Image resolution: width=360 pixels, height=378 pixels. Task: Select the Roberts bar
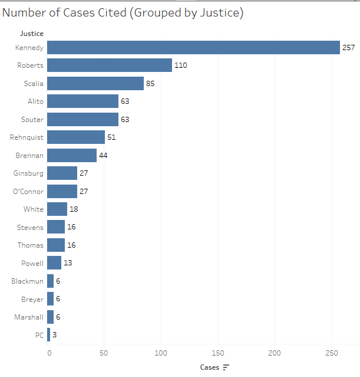tap(110, 65)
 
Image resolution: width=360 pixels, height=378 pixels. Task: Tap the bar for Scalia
tap(95, 84)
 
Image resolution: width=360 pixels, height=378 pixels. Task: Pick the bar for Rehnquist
tap(76, 137)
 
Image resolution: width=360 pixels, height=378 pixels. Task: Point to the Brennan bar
tap(72, 156)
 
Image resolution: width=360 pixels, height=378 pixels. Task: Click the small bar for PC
tap(48, 335)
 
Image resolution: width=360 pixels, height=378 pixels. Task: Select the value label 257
tap(349, 48)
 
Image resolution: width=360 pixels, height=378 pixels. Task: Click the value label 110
tap(180, 65)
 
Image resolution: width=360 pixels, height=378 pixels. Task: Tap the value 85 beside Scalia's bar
tap(150, 84)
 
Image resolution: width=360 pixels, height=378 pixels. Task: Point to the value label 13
tap(68, 263)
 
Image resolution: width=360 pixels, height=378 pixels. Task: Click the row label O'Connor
tap(28, 192)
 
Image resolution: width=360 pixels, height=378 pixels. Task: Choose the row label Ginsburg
tap(28, 173)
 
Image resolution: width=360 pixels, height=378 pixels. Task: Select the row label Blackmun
tap(27, 281)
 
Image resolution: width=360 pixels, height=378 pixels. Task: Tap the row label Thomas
tap(30, 245)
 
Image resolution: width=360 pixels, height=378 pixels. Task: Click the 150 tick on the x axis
tap(218, 353)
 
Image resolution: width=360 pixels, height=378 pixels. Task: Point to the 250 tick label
tap(332, 353)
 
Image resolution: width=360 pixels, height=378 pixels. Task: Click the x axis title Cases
tap(209, 367)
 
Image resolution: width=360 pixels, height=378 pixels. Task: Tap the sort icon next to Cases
tap(226, 367)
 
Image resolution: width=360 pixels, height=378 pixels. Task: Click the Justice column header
tap(32, 34)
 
